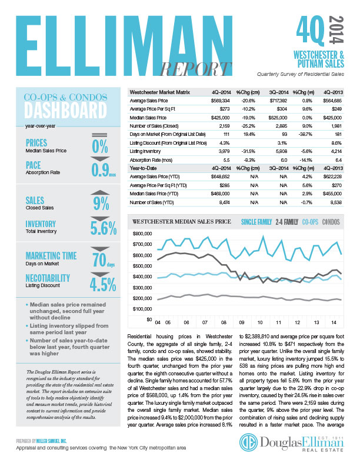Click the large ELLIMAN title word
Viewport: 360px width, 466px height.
tap(118, 38)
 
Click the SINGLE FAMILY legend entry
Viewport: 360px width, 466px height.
tap(257, 222)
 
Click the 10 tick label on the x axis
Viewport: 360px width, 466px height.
tap(259, 324)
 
